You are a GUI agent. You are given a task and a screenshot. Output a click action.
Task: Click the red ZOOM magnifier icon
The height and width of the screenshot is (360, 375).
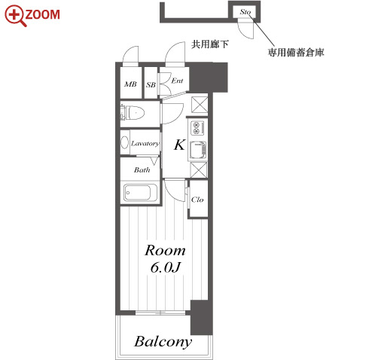tap(15, 16)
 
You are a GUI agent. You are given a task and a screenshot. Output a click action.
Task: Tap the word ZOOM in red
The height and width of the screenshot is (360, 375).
tap(43, 14)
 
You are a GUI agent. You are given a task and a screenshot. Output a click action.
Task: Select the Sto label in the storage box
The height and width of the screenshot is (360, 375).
tap(245, 12)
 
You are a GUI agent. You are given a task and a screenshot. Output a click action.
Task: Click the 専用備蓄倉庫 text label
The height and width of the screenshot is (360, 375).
tap(296, 53)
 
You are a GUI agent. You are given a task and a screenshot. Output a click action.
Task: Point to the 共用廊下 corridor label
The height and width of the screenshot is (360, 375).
tap(210, 44)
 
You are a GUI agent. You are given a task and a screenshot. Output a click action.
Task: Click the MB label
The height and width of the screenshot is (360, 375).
tap(130, 84)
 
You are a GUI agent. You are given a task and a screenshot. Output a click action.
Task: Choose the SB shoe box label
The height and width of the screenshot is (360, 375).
tap(151, 85)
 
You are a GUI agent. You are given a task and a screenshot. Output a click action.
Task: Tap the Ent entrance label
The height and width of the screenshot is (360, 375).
tap(177, 81)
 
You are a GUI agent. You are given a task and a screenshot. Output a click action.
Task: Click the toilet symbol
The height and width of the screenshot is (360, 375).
tap(133, 113)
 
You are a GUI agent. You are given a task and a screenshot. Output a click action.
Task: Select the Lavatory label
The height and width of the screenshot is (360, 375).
tap(145, 143)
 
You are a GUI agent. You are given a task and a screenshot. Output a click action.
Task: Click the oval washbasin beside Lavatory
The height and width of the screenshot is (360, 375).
tap(125, 142)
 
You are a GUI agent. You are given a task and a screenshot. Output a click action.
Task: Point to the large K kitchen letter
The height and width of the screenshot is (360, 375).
tap(179, 145)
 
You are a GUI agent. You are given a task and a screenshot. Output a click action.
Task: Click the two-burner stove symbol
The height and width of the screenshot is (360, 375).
tap(198, 127)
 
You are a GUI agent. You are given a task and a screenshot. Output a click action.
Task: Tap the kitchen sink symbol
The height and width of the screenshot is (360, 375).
tap(198, 150)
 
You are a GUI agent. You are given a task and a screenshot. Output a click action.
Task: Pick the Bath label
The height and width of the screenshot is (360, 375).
tap(142, 170)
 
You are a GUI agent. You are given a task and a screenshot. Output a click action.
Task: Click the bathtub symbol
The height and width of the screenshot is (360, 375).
tap(140, 193)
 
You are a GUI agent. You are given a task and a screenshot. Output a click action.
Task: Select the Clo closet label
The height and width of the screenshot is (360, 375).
tap(197, 200)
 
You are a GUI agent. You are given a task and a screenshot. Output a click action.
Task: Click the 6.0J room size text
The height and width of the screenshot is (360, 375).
tap(165, 267)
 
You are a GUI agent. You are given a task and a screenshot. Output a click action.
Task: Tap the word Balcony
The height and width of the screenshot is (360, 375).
tap(163, 342)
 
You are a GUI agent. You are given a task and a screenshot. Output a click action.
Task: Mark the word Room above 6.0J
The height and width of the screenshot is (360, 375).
tap(165, 250)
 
